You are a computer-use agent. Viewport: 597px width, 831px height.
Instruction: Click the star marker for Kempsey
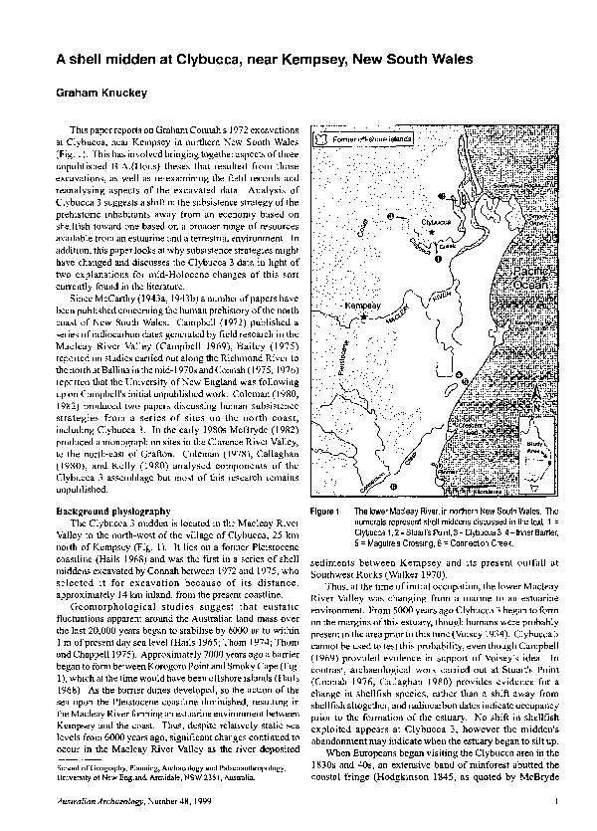click(364, 316)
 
